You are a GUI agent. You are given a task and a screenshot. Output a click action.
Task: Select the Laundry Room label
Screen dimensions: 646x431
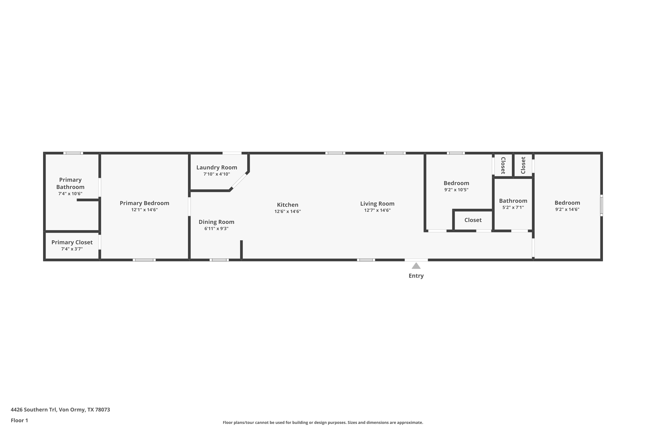coord(217,167)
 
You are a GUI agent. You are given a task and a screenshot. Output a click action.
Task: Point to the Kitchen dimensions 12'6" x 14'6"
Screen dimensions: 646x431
coord(287,211)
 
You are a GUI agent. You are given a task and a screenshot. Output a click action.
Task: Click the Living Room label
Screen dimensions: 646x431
coord(377,204)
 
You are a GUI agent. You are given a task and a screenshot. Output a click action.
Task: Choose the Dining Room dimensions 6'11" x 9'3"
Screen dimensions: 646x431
coord(216,228)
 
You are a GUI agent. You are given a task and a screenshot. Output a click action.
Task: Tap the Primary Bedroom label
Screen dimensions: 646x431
coord(144,203)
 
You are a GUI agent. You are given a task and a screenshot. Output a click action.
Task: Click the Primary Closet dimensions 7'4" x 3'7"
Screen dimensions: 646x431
coord(72,249)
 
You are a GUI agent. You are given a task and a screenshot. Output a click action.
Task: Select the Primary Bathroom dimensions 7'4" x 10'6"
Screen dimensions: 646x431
coord(70,194)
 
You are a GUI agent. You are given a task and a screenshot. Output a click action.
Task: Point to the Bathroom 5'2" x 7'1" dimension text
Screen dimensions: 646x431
coord(513,207)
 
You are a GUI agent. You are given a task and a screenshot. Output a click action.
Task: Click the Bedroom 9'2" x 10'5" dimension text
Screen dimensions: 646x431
coord(456,190)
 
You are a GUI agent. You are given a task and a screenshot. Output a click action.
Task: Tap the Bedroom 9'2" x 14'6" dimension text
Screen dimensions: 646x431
coord(567,209)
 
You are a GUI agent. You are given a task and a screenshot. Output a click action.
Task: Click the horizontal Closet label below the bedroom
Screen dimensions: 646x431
coord(473,220)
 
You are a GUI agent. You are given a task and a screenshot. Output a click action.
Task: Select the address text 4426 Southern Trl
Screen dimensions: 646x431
coord(34,410)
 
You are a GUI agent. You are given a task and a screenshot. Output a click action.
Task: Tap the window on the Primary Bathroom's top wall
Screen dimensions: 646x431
coord(73,153)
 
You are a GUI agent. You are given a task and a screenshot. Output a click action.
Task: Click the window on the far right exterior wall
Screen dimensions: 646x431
coord(601,205)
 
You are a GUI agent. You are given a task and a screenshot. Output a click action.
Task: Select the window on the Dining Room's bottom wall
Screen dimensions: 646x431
coord(219,260)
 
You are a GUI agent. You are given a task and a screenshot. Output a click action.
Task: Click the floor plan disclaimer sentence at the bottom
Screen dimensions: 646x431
coord(323,422)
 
